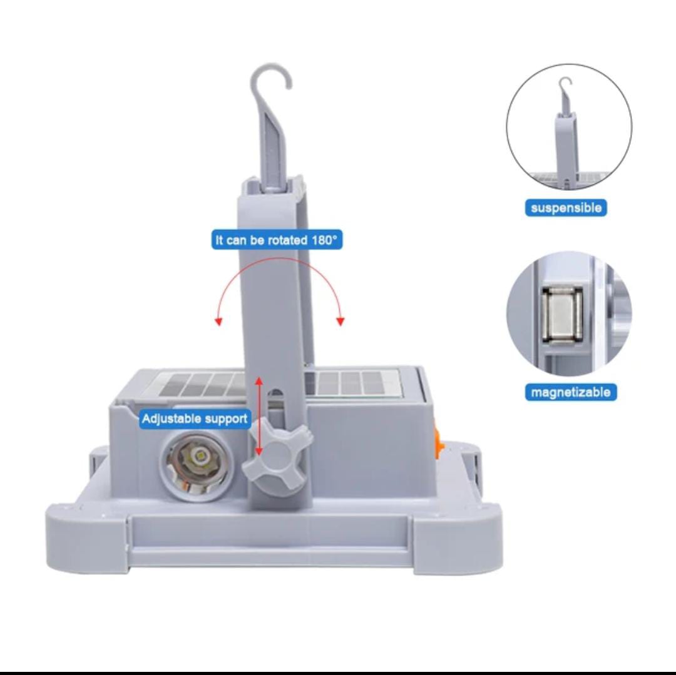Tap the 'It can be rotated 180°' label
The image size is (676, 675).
[277, 240]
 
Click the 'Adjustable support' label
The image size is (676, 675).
[195, 419]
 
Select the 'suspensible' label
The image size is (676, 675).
[566, 208]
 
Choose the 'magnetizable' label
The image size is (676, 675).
[571, 392]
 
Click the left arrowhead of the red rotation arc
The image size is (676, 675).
[218, 322]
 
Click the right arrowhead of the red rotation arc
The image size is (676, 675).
[341, 322]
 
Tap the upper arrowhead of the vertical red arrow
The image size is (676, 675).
[259, 380]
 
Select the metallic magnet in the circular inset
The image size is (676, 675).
[563, 316]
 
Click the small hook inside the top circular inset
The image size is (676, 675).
[565, 88]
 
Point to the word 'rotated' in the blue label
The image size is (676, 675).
[287, 240]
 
